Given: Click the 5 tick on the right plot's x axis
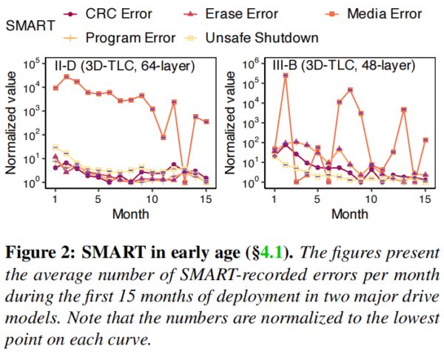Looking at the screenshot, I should [317, 199].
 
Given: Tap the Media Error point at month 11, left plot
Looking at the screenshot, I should [164, 137].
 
